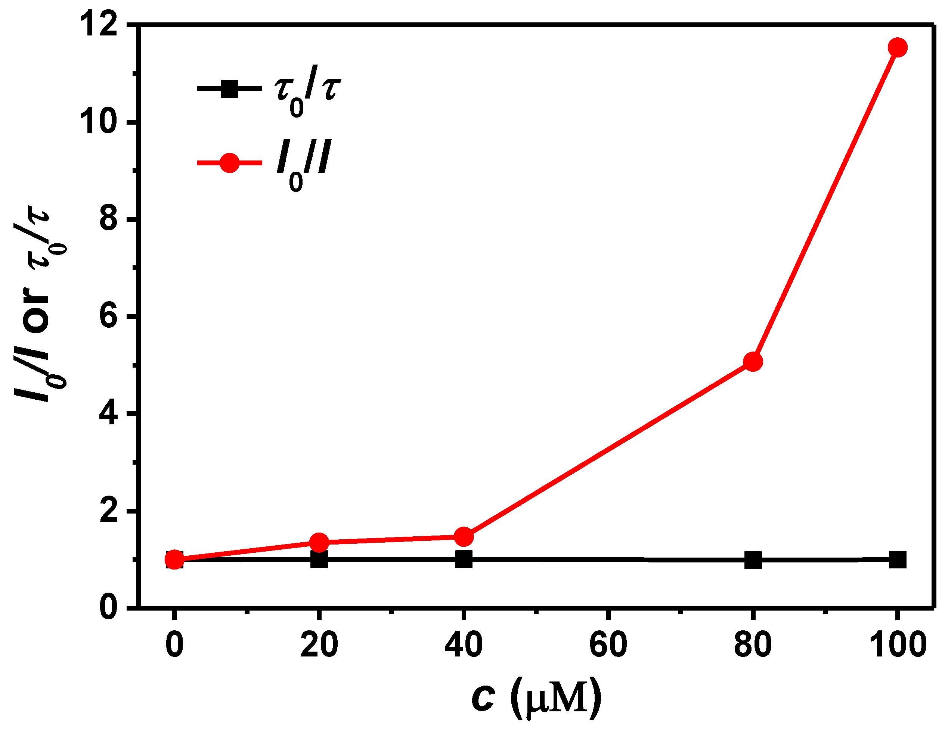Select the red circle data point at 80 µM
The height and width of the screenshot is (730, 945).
click(753, 362)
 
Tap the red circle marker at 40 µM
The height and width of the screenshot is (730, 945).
click(464, 537)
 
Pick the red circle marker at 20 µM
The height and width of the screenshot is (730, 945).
click(319, 542)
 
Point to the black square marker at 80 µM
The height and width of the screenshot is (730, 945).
click(753, 561)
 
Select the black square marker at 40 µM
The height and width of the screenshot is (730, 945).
click(464, 559)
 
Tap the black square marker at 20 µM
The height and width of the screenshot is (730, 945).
click(319, 559)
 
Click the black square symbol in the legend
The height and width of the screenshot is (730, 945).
click(229, 89)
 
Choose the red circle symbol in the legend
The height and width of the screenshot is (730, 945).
click(229, 163)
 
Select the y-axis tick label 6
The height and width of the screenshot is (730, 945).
click(108, 317)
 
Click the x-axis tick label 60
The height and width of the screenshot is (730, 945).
click(608, 645)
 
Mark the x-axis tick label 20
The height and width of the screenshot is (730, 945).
click(319, 645)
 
